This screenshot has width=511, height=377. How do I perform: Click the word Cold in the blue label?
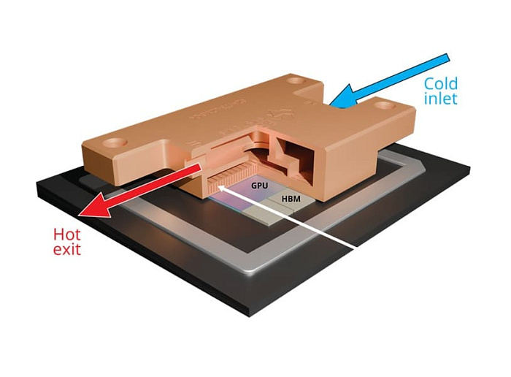coord(441,83)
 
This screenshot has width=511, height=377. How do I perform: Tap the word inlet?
coord(441,98)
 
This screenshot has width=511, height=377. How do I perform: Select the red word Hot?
coord(65,235)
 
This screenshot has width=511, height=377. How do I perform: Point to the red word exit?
coord(66,250)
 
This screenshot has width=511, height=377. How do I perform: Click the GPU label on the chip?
coord(260,186)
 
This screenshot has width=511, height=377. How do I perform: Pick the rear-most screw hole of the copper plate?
coord(295,79)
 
